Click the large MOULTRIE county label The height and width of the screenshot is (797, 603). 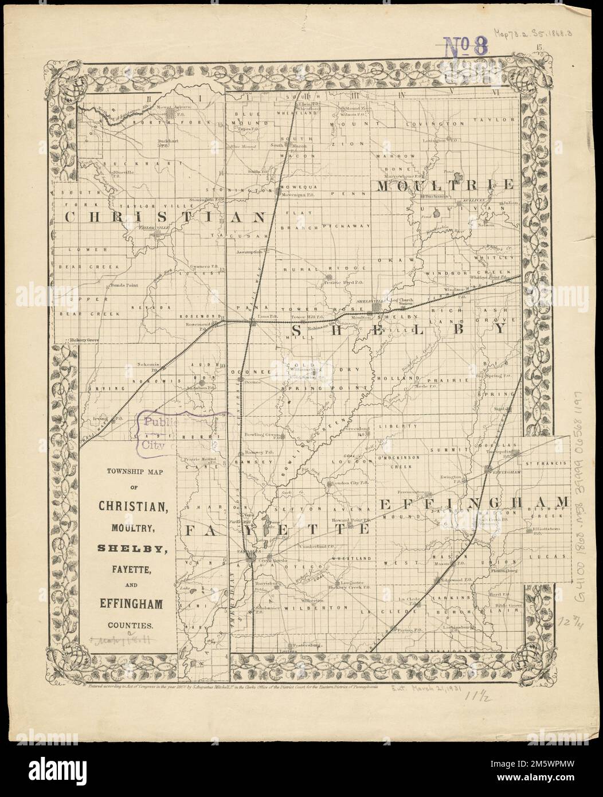(444, 185)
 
